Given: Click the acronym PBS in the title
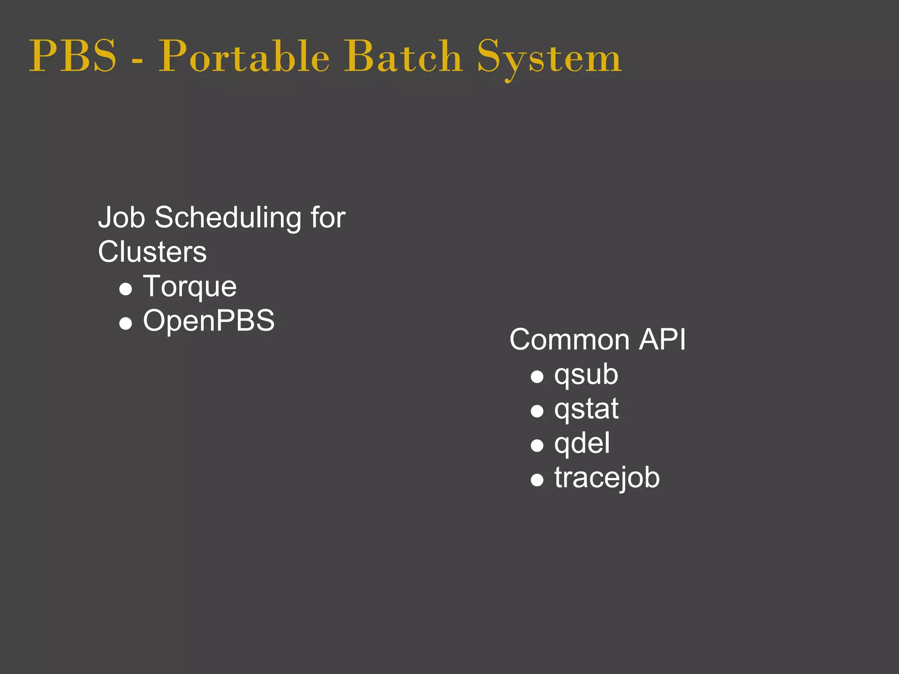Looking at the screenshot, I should click(x=73, y=56).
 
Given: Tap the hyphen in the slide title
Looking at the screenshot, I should click(x=137, y=59).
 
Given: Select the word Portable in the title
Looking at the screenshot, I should click(x=244, y=56).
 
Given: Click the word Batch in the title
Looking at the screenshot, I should click(x=403, y=56).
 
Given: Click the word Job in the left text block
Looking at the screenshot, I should click(x=121, y=218).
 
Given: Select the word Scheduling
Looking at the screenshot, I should click(x=228, y=219).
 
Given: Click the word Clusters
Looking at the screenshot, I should click(x=152, y=252).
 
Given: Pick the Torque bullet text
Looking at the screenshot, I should click(x=190, y=287).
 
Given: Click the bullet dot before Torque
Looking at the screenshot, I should click(x=126, y=289).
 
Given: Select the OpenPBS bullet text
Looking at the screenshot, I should click(x=209, y=320).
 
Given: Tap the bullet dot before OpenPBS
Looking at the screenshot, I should click(x=126, y=323).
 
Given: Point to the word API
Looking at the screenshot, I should click(x=662, y=340).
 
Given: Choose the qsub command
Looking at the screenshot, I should click(x=586, y=376).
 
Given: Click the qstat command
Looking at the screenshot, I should click(x=586, y=409).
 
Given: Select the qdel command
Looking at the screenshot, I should click(x=582, y=444).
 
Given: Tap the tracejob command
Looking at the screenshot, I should click(x=607, y=478).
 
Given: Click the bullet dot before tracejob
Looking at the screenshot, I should click(x=537, y=480).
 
